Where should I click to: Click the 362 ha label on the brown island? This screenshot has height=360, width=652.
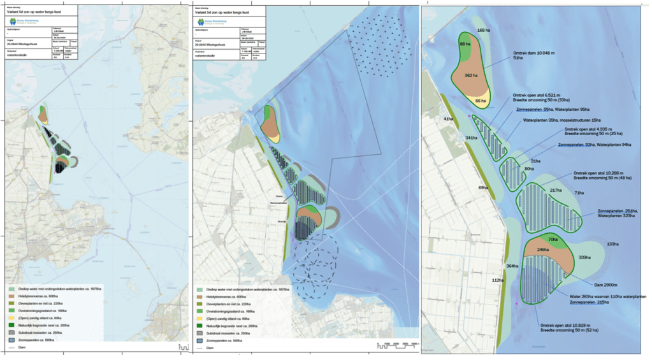point(472,76)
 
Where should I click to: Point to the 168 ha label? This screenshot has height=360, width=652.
point(484,30)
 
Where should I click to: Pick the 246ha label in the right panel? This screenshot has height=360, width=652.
point(543,250)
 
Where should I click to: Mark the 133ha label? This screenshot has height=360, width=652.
point(612,244)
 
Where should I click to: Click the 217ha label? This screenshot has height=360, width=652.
point(555,191)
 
